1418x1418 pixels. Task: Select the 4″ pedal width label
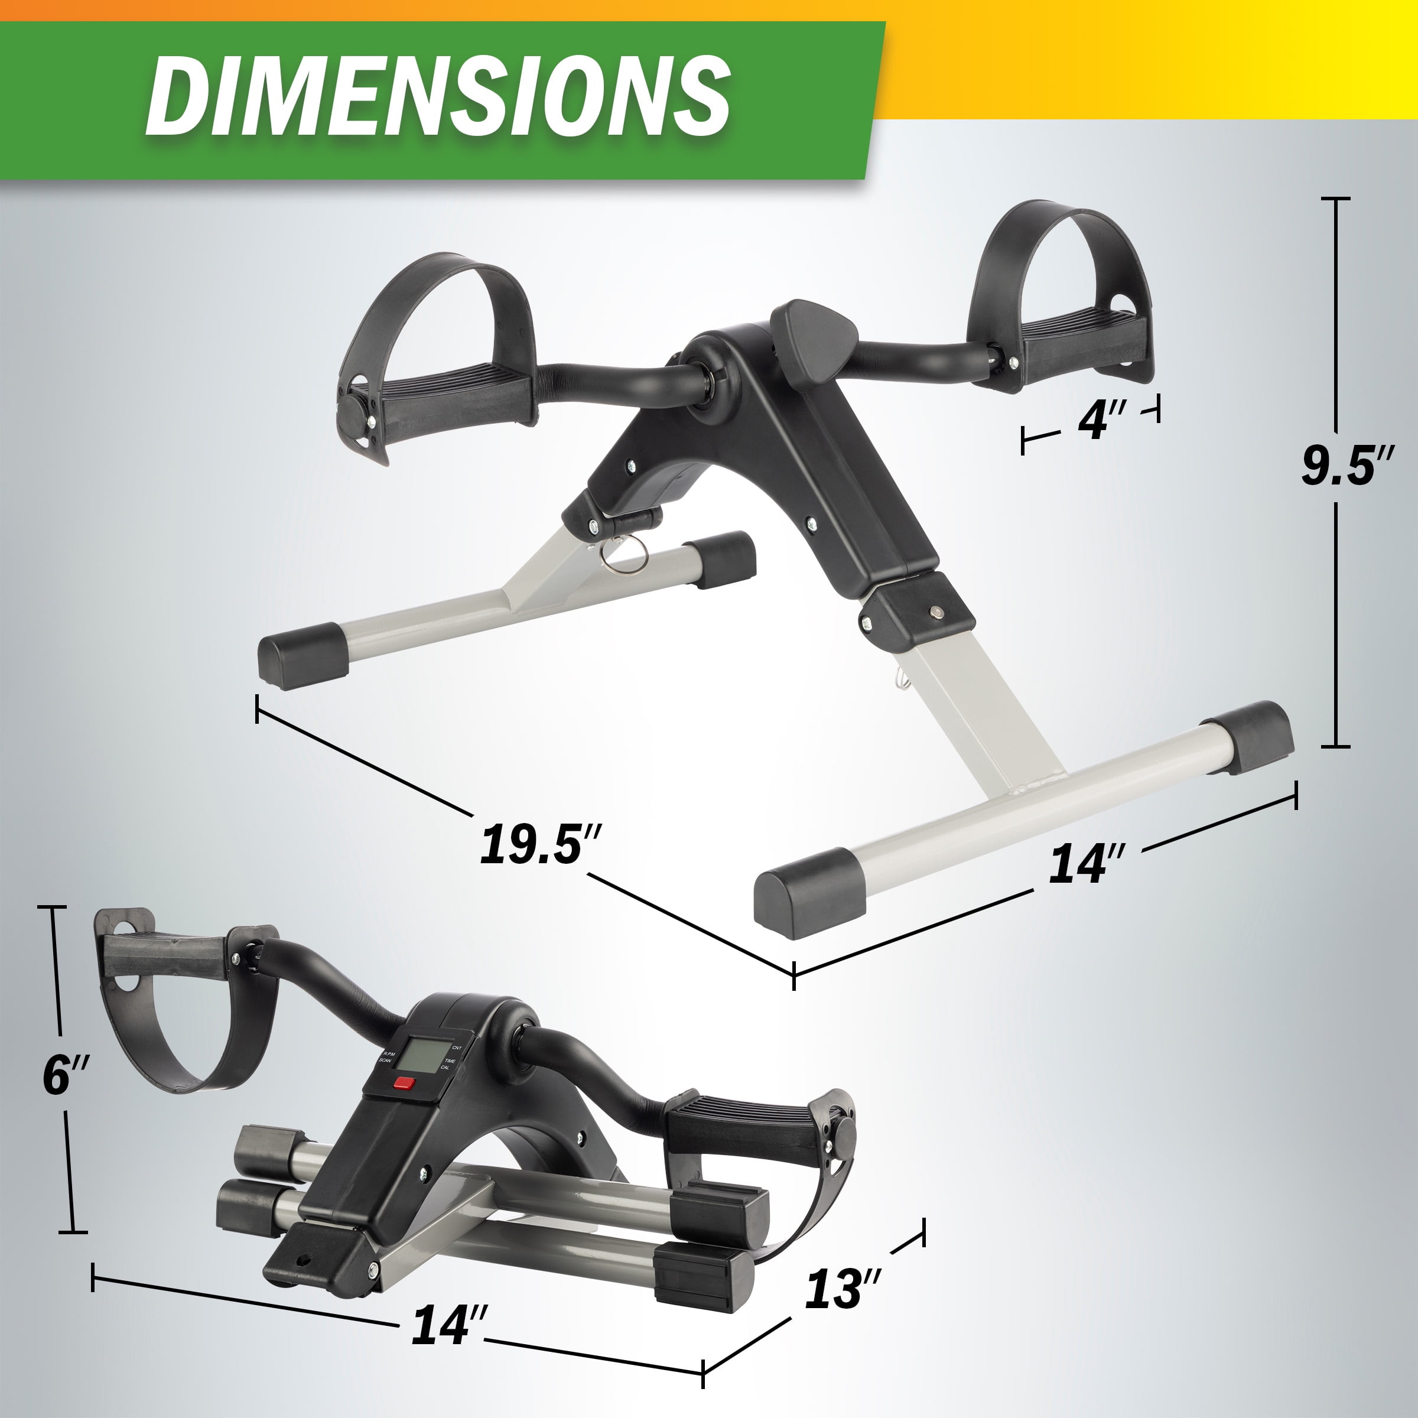pyautogui.click(x=1099, y=421)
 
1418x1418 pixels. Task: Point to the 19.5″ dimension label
pyautogui.click(x=542, y=844)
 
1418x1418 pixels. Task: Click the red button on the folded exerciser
pyautogui.click(x=404, y=1082)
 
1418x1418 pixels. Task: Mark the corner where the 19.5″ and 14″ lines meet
pyautogui.click(x=793, y=974)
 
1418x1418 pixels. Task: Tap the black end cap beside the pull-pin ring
pyautogui.click(x=722, y=560)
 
